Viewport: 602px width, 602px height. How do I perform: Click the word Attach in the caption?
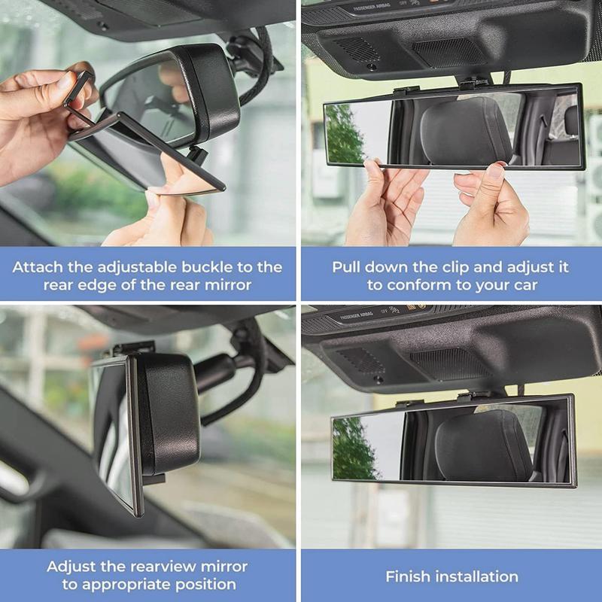coord(38,267)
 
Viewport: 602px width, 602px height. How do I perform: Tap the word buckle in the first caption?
coord(205,267)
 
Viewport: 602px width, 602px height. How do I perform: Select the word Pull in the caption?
coord(347,267)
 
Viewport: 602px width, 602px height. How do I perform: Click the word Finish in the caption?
coord(410,576)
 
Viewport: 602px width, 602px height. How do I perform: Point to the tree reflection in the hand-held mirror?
coord(342,135)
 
